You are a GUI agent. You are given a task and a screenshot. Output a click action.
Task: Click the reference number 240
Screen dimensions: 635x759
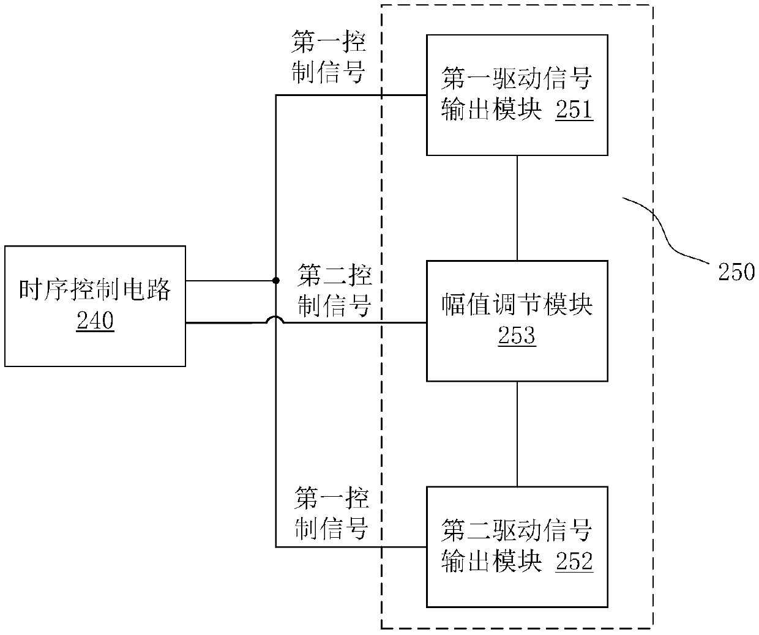click(x=95, y=320)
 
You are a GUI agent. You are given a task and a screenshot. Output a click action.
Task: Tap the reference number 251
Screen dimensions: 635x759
click(x=574, y=110)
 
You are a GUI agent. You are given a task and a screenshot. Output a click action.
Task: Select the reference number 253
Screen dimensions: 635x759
click(x=517, y=335)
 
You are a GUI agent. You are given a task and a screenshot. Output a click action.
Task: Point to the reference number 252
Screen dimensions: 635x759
click(x=574, y=561)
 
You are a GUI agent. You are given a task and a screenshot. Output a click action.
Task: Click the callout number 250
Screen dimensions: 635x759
click(x=736, y=271)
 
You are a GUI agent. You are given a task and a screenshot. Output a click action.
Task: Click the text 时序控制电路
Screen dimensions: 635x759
click(x=95, y=289)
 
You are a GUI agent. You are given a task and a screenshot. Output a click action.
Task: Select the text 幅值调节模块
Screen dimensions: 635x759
click(x=517, y=304)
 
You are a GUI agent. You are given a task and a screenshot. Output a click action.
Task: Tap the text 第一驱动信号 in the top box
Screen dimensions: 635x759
click(x=517, y=79)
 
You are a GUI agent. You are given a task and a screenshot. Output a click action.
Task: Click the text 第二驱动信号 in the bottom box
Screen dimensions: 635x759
click(x=517, y=530)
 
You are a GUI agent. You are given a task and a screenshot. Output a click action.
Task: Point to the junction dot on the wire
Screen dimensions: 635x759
click(x=276, y=281)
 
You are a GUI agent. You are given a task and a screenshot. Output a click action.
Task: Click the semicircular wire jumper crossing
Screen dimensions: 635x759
click(x=276, y=319)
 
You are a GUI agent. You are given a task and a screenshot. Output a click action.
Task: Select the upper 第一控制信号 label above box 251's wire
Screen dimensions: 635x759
click(x=329, y=58)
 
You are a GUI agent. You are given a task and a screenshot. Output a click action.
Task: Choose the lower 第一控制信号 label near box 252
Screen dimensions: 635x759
click(x=331, y=513)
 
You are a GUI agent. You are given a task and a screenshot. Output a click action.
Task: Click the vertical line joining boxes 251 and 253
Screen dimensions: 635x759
click(x=517, y=208)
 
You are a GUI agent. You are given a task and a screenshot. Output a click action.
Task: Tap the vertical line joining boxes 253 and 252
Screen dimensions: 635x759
click(x=517, y=434)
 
